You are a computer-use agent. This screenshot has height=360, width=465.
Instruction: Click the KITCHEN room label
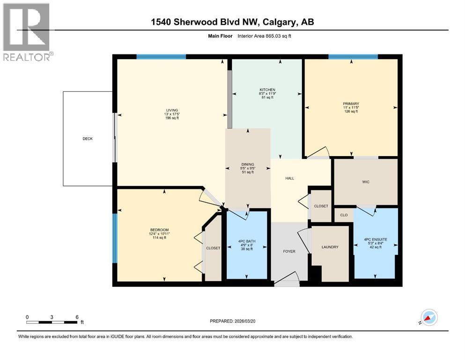point(267,90)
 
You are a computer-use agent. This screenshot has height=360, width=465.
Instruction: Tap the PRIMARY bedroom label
point(350,104)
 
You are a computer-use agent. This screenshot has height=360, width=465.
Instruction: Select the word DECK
point(88,139)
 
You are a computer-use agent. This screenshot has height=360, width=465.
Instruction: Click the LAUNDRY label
point(330,247)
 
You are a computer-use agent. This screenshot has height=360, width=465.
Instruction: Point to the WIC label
point(366,182)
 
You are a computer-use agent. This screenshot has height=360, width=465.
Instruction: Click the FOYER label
point(289,252)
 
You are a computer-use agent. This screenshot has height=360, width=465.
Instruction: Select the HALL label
point(290,178)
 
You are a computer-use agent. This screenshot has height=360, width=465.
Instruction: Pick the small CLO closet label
point(344,215)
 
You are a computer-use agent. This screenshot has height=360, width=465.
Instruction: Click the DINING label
point(248,165)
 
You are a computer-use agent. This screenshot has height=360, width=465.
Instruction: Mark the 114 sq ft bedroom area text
point(159,238)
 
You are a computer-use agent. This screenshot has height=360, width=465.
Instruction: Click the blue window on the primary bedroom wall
point(353,57)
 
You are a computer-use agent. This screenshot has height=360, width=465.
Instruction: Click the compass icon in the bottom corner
point(428,318)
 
